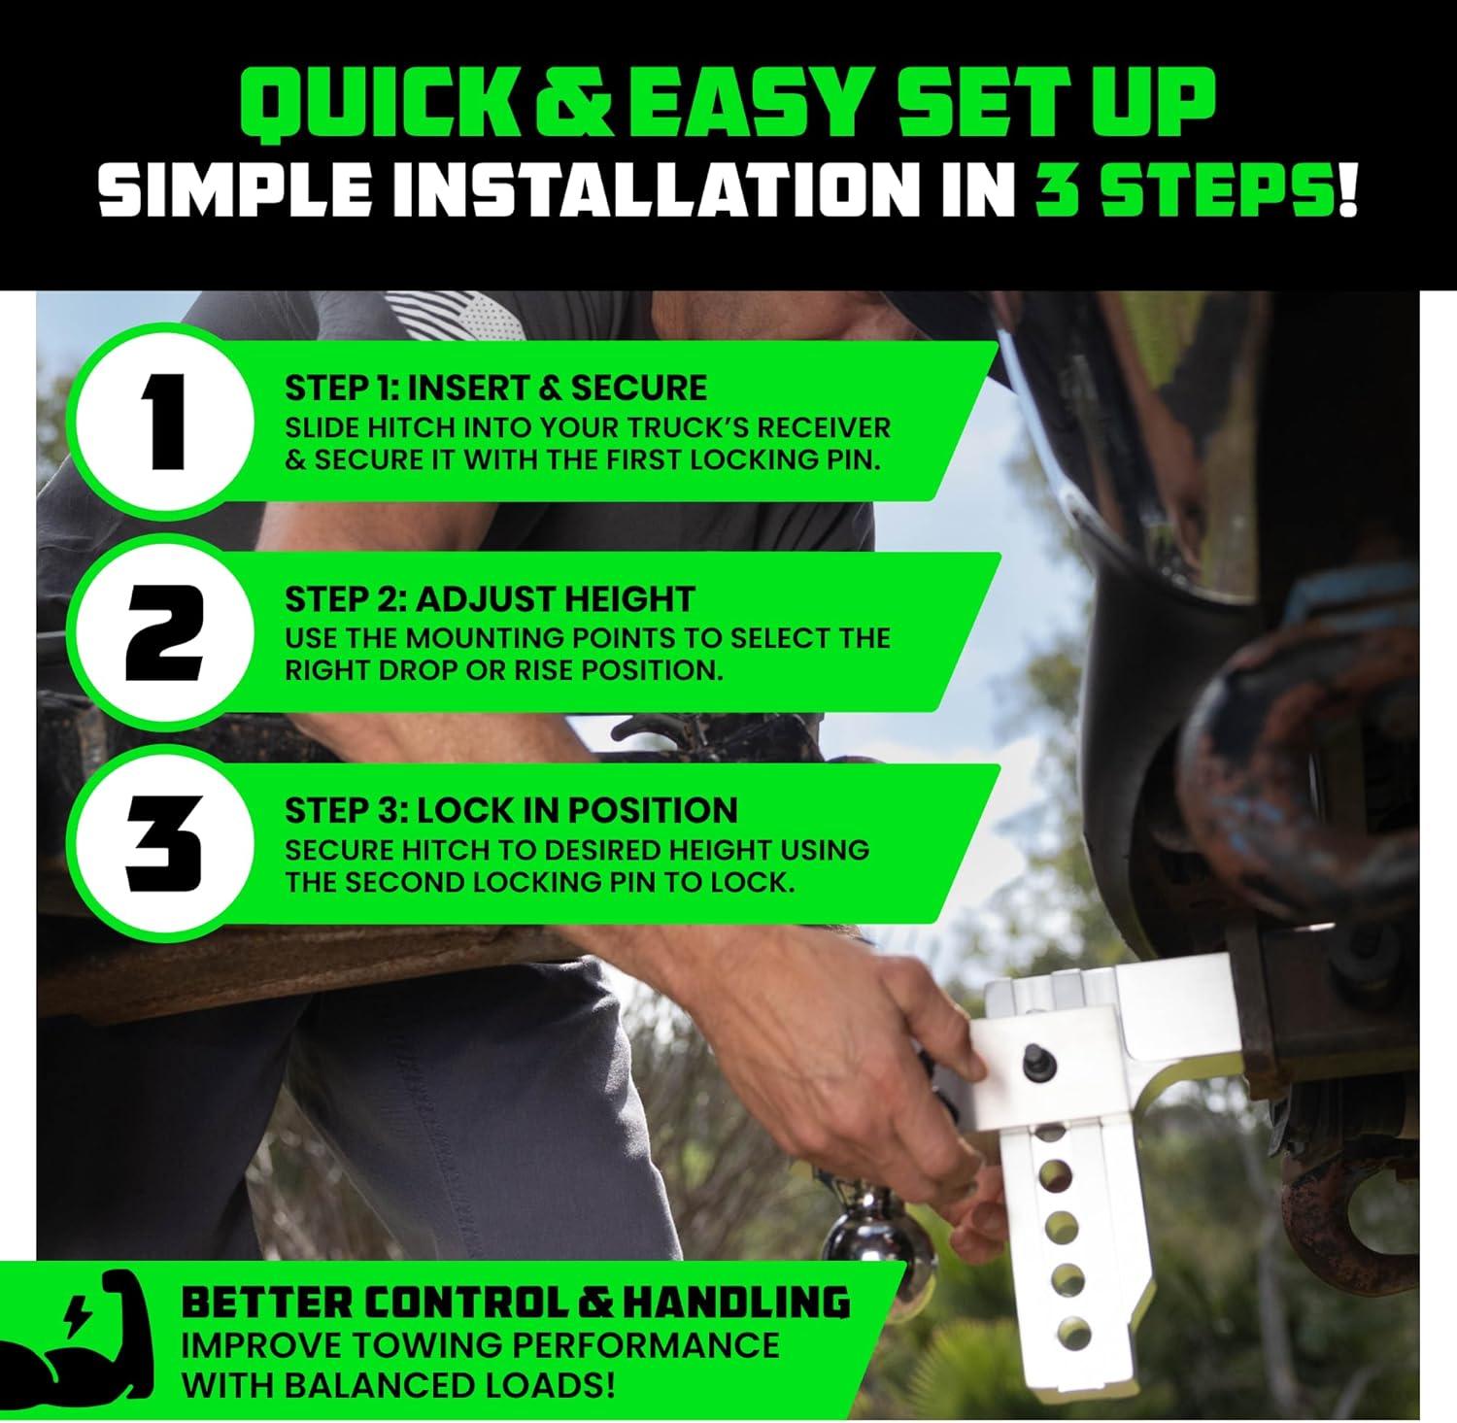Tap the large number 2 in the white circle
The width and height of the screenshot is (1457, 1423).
point(164,636)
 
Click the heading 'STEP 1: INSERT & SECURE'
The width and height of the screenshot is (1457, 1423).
point(495,389)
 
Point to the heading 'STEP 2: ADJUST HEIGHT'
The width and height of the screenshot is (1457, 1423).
point(490,599)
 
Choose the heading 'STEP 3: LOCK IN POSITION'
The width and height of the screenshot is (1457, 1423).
point(511,810)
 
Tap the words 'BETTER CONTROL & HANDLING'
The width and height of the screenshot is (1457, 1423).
point(516,1302)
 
